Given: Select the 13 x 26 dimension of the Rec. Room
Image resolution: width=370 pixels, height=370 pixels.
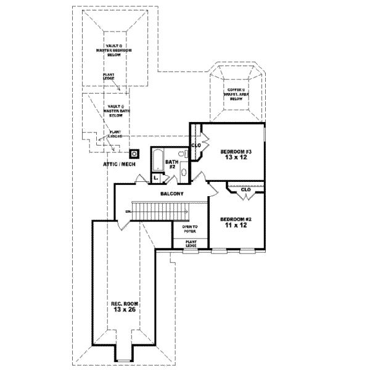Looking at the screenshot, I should [x=126, y=310].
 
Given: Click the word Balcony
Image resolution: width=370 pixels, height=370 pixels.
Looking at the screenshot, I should [x=171, y=194].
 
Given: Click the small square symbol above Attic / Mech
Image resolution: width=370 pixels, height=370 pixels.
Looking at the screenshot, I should [x=134, y=152].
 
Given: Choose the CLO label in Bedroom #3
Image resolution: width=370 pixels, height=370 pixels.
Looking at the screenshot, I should [x=197, y=146].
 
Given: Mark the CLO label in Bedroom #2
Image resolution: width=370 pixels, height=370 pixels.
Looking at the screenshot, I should [x=245, y=189].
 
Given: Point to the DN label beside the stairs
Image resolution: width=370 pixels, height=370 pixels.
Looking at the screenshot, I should [x=128, y=212].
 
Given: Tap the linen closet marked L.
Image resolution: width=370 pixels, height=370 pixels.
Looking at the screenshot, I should [x=156, y=178].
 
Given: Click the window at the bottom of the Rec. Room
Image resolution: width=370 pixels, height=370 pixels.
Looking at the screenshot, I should [x=125, y=361].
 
